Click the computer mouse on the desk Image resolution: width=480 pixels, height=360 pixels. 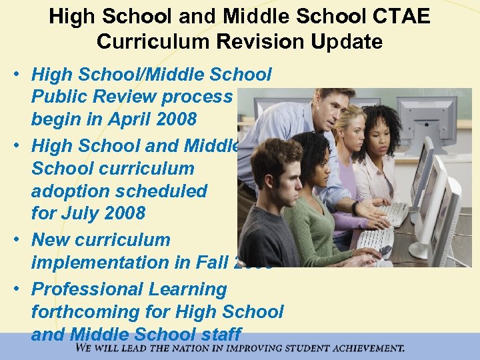pos(385,251)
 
